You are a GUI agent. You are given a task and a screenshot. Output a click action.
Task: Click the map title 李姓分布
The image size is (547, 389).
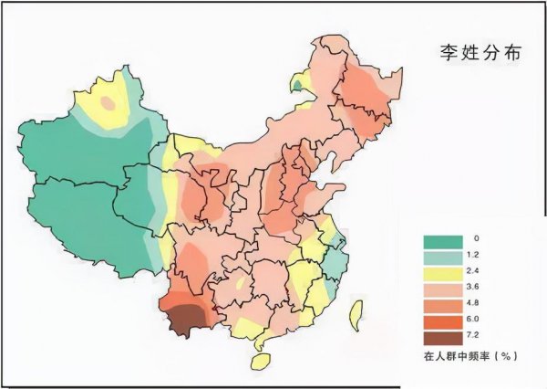[x=478, y=51]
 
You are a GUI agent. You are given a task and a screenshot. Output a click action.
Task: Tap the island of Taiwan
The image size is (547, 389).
[x=355, y=312]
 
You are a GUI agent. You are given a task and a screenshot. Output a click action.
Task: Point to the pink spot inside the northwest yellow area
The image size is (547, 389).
[x=108, y=102]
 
